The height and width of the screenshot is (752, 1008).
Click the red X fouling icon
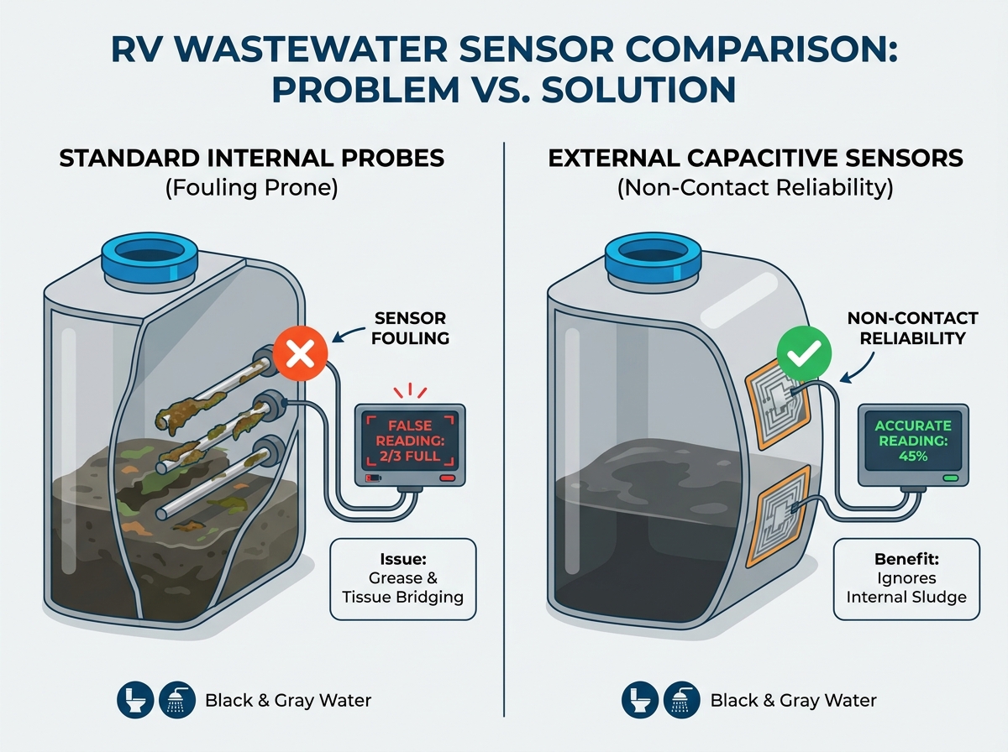[300, 353]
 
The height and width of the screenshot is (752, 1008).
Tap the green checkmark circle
[804, 353]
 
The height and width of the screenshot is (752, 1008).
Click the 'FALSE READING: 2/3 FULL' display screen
[410, 441]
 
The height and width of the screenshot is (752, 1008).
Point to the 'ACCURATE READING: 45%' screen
[913, 441]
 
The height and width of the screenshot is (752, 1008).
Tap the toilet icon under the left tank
[135, 700]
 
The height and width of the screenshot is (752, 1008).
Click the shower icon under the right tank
[682, 700]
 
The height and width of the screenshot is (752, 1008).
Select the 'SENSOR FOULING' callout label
[410, 328]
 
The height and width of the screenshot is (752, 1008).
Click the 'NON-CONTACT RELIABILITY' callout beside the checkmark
[912, 328]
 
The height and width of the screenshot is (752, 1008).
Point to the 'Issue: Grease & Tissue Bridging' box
[403, 579]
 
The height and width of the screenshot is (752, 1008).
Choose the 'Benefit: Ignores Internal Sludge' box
[906, 579]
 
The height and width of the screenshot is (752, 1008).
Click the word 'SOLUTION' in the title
[638, 89]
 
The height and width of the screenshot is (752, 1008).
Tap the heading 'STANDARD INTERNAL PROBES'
[252, 159]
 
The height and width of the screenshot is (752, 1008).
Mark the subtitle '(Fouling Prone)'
[252, 188]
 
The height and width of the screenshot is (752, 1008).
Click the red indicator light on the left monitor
[447, 478]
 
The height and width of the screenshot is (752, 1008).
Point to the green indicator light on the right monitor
[950, 478]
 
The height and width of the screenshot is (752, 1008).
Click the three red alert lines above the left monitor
[410, 390]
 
